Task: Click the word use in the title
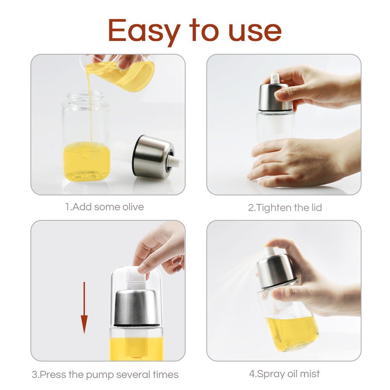pos(255,31)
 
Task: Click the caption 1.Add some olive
pos(104,207)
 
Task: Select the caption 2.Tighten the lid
pos(285,207)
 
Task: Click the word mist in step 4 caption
pos(310,374)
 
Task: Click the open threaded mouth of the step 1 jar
pos(85,96)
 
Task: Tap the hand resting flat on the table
pos(289,164)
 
